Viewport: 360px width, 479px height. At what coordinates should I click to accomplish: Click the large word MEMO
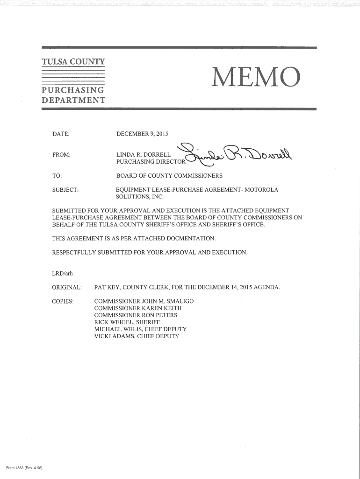pos(255,78)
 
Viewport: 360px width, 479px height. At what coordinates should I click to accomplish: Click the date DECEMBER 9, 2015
pos(142,135)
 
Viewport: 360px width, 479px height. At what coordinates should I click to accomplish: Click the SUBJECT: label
pos(65,190)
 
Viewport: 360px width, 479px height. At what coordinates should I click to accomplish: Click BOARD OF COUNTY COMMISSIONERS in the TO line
pos(169,176)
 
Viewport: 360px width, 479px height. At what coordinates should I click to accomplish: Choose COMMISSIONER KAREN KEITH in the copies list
pos(138,308)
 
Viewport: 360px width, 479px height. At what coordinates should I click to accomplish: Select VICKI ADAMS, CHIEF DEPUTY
pos(137,336)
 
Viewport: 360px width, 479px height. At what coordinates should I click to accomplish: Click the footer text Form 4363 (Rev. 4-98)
pos(24,469)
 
